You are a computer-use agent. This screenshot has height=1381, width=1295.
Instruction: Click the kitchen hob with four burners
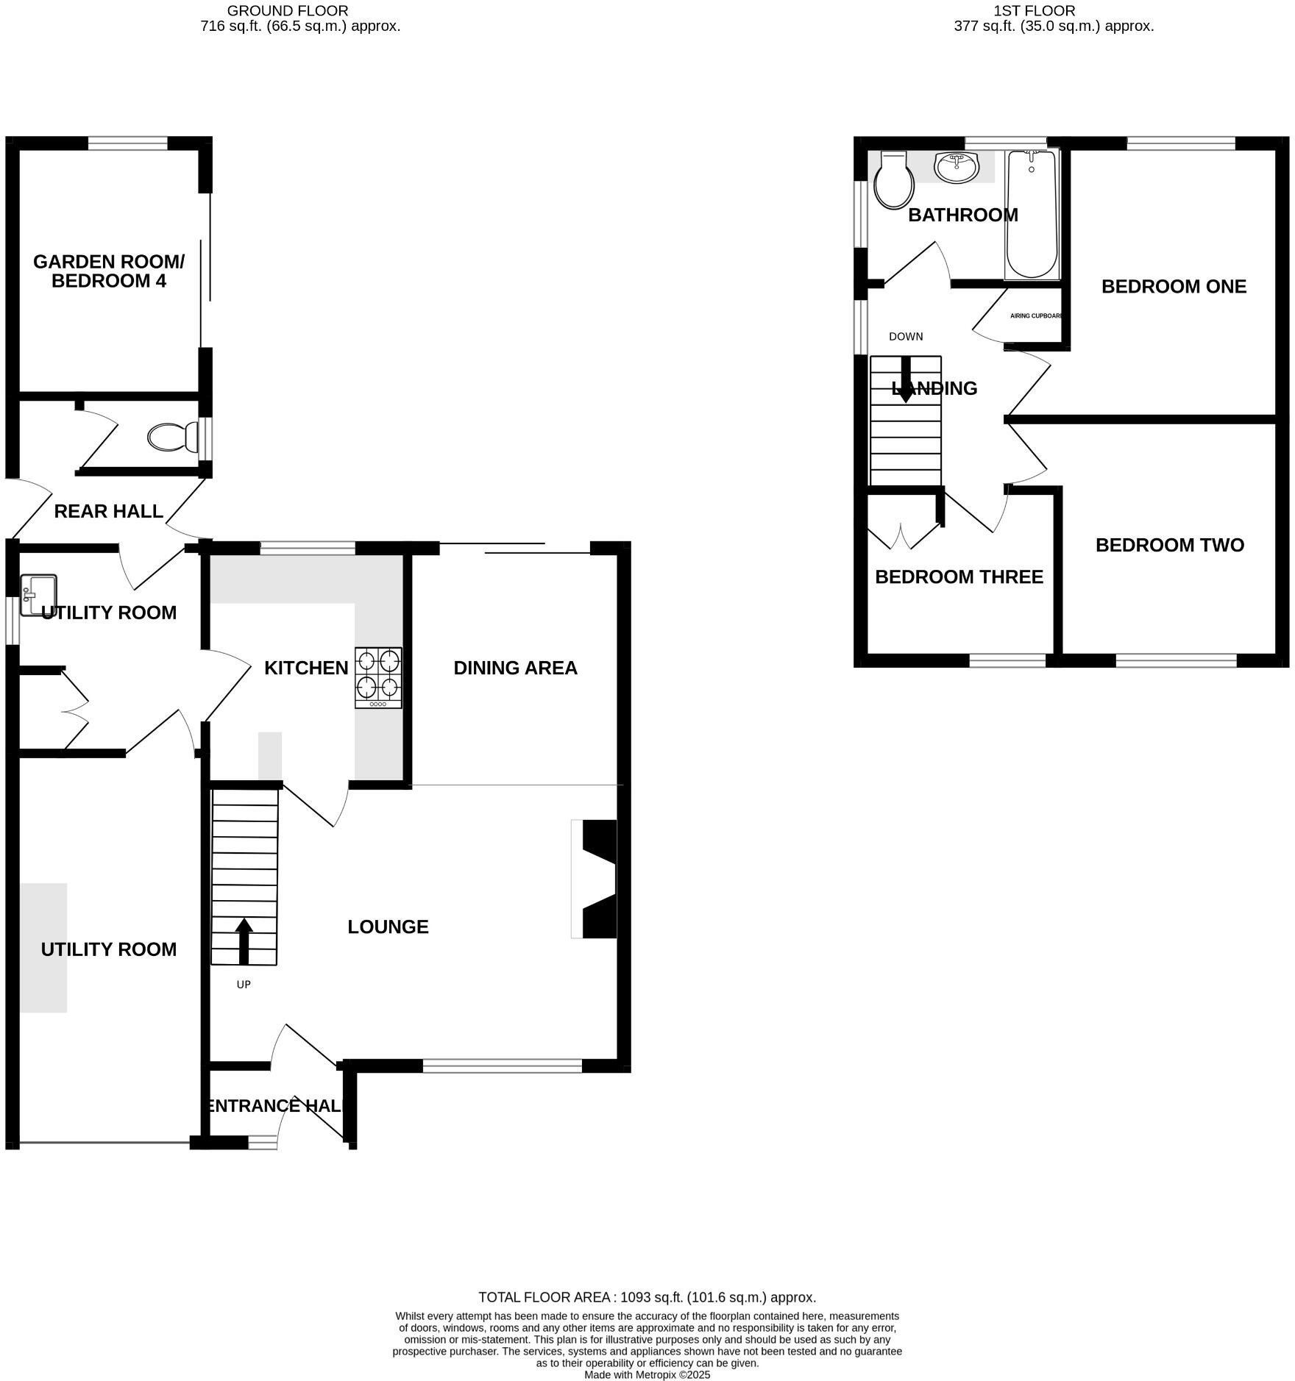(378, 677)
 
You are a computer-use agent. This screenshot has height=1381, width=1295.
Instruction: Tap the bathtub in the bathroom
(1032, 214)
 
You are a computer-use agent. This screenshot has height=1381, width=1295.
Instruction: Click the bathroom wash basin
(957, 167)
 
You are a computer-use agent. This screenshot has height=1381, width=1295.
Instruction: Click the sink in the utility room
(38, 594)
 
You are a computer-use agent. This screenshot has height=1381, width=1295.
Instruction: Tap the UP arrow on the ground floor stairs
(244, 941)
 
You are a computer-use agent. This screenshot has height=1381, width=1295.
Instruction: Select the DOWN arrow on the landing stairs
(906, 379)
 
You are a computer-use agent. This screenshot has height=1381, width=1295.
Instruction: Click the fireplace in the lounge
(597, 879)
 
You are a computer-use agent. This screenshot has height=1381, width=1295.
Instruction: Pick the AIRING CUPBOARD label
(1036, 315)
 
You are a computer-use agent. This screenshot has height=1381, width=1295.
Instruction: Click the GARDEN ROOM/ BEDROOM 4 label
(109, 271)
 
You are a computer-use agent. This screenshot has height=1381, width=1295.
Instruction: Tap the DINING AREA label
(515, 668)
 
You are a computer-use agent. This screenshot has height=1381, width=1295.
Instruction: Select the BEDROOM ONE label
(1174, 287)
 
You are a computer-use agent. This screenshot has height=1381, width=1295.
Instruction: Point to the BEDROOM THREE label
(959, 577)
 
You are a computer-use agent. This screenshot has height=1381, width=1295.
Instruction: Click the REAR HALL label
(108, 511)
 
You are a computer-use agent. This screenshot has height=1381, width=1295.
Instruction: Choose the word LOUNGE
(388, 927)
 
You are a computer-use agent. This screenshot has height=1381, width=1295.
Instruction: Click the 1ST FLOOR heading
(1034, 11)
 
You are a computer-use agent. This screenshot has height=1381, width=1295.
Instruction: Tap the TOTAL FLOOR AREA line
(647, 1297)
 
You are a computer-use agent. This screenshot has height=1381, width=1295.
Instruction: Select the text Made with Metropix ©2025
(647, 1374)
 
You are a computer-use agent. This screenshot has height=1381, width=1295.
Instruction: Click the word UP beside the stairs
(244, 984)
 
